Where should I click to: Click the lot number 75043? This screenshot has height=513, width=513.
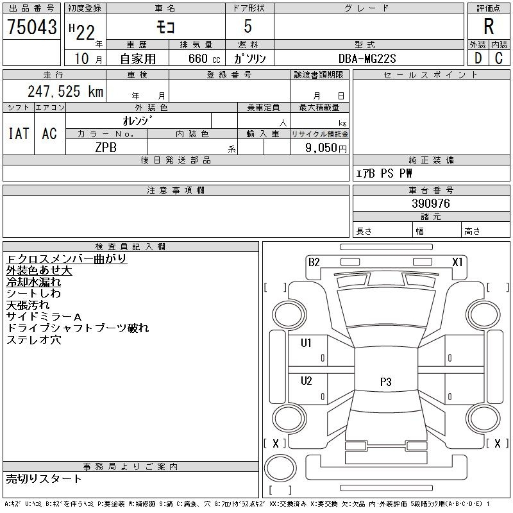click(x=31, y=26)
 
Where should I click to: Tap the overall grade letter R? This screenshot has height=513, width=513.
click(x=489, y=26)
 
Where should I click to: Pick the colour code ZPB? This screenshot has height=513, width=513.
click(x=106, y=146)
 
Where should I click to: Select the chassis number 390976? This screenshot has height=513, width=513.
click(x=431, y=203)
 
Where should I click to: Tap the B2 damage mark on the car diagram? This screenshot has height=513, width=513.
click(x=314, y=262)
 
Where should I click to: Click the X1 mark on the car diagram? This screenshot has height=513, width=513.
click(x=458, y=262)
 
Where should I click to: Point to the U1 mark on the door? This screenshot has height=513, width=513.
click(x=306, y=343)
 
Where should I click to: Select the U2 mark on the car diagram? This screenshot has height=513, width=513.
click(x=306, y=381)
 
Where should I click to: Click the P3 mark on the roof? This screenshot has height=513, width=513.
click(x=385, y=382)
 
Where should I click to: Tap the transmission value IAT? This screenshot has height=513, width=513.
click(x=18, y=133)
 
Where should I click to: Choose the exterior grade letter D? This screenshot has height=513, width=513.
click(x=478, y=58)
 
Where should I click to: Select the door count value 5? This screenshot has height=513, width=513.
click(x=249, y=26)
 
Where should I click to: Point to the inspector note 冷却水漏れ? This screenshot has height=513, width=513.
click(x=34, y=282)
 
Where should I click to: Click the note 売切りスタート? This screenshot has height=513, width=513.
click(x=44, y=478)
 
